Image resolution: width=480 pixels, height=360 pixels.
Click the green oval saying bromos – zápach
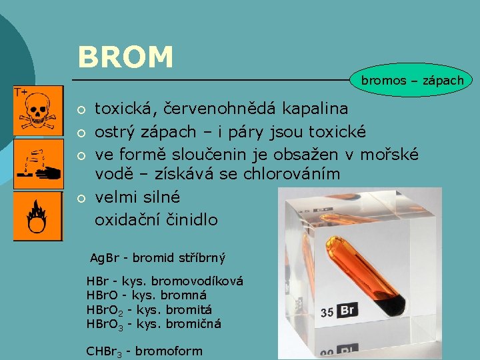[411, 81]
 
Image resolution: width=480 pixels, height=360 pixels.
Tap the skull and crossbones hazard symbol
[37, 110]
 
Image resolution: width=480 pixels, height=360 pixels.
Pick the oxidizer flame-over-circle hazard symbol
[37, 216]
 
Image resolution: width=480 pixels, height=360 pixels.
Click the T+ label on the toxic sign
[21, 92]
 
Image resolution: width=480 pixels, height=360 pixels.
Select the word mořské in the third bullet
[389, 154]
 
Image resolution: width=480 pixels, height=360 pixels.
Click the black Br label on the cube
[347, 311]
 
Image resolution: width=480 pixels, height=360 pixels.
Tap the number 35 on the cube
[327, 312]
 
